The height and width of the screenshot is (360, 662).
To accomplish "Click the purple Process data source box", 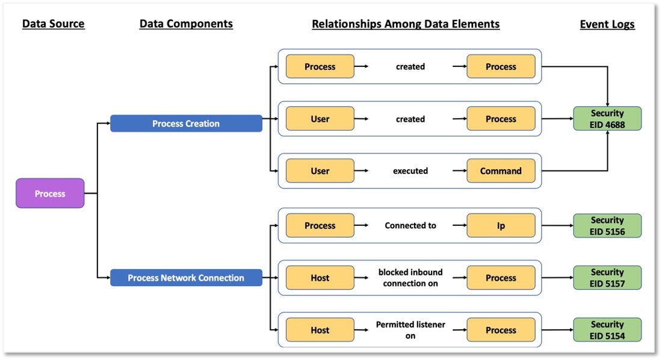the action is [50, 193].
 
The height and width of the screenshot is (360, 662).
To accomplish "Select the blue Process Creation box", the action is [186, 123].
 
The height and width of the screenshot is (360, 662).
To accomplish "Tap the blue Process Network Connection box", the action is [186, 278].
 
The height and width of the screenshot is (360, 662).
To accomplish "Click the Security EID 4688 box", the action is [607, 119].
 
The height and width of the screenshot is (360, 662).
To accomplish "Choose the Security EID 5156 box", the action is [607, 226].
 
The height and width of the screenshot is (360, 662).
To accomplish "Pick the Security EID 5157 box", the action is [607, 278].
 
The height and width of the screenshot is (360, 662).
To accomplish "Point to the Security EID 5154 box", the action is [607, 329].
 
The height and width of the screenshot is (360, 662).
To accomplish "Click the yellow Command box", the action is [501, 171].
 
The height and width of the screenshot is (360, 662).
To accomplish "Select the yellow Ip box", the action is [501, 226].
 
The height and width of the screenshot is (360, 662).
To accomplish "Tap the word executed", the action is [410, 171].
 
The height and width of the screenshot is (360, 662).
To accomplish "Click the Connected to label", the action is [410, 226].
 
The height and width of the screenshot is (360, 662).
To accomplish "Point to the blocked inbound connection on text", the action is [410, 278].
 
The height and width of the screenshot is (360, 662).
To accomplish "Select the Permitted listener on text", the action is [410, 330].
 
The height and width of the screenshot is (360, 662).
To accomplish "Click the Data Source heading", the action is [53, 23].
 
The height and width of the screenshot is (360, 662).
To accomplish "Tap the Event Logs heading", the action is [607, 25].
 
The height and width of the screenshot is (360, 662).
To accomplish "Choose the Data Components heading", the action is [186, 24].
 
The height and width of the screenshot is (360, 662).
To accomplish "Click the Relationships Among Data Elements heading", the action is [406, 24].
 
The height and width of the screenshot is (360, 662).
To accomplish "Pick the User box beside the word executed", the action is [320, 171].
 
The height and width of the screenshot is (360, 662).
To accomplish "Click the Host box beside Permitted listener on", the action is [320, 329].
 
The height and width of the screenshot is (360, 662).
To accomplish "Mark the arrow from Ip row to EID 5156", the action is [557, 226].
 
